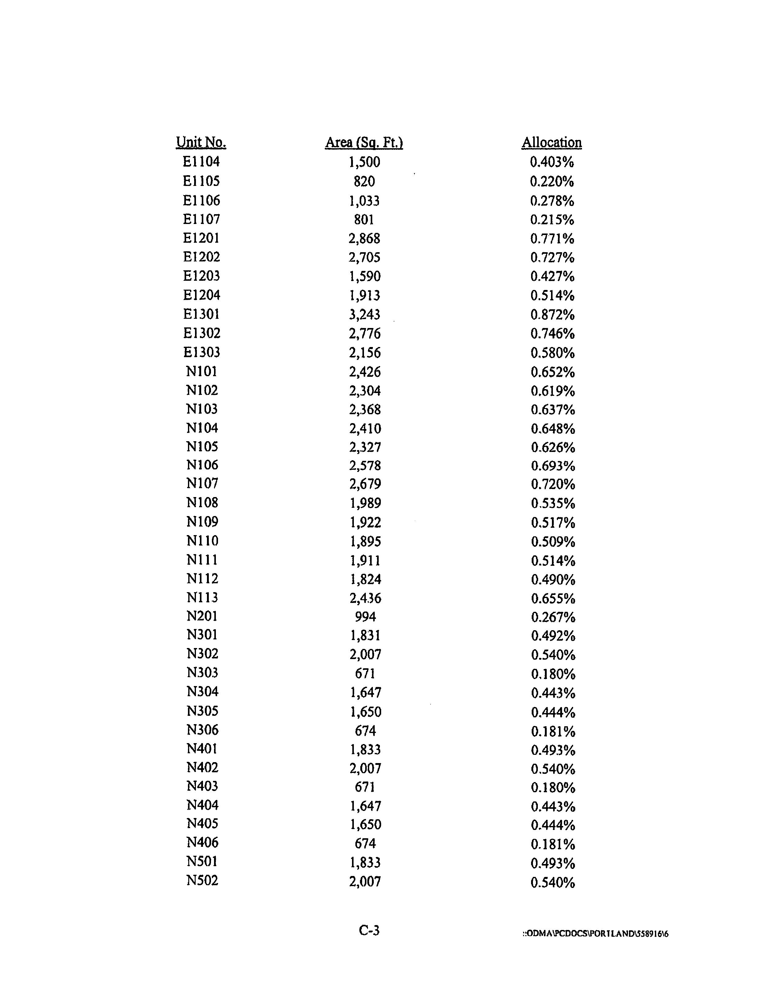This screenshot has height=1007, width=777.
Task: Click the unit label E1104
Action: point(201,162)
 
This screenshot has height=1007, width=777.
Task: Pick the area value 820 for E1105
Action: point(364,181)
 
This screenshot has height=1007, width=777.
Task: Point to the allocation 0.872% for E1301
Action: point(552,314)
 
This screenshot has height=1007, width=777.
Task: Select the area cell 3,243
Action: point(365,314)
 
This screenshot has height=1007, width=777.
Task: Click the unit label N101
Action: point(201,371)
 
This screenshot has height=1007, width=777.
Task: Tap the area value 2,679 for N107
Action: point(365,484)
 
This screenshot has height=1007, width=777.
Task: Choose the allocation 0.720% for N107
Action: point(553,484)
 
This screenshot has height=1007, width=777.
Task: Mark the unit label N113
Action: point(202,598)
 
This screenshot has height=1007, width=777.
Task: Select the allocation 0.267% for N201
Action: point(553,617)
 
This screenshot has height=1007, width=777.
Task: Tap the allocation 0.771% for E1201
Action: point(552,238)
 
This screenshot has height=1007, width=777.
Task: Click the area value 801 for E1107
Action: point(364,219)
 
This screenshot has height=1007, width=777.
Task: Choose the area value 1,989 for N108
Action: point(365,503)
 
